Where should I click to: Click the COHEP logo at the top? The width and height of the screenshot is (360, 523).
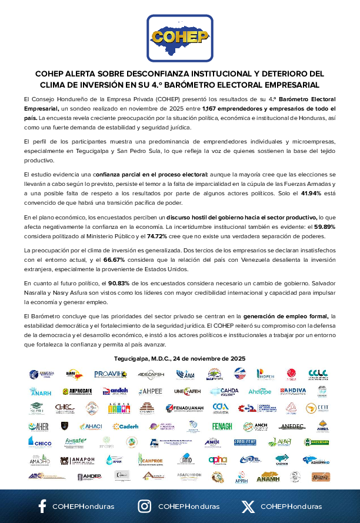tap(179, 36)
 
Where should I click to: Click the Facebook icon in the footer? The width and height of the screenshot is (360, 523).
tap(42, 506)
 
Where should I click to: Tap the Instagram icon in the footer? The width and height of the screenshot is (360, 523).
tap(144, 506)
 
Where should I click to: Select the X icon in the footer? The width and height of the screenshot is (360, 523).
tap(248, 506)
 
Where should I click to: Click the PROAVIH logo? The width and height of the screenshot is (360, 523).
tap(111, 374)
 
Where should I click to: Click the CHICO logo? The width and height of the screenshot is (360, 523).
tap(40, 442)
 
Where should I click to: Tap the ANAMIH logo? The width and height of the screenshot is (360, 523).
tap(268, 476)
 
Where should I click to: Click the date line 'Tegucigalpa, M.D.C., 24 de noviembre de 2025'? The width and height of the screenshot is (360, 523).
tap(179, 358)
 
